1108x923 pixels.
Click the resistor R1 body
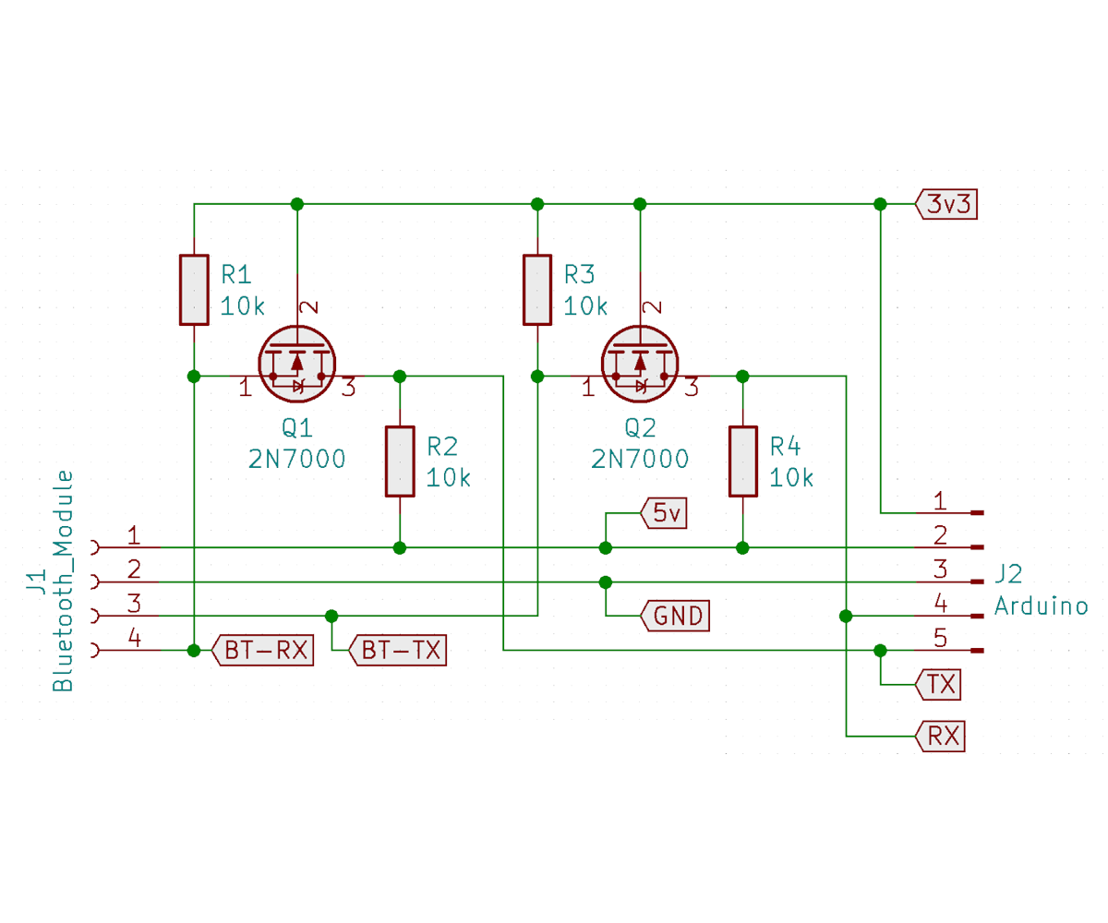194,290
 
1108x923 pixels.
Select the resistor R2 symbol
400,461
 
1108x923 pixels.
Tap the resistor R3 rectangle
537,290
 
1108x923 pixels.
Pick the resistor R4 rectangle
742,461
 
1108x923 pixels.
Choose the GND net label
676,616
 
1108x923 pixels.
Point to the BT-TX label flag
398,651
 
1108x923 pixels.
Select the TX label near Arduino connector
939,685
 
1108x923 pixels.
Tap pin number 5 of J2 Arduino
940,637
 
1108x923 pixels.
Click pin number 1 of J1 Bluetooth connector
134,534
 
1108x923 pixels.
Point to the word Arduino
1041,606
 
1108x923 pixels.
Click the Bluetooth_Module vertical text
63,581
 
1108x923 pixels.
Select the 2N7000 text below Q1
296,459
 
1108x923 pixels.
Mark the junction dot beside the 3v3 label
880,204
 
